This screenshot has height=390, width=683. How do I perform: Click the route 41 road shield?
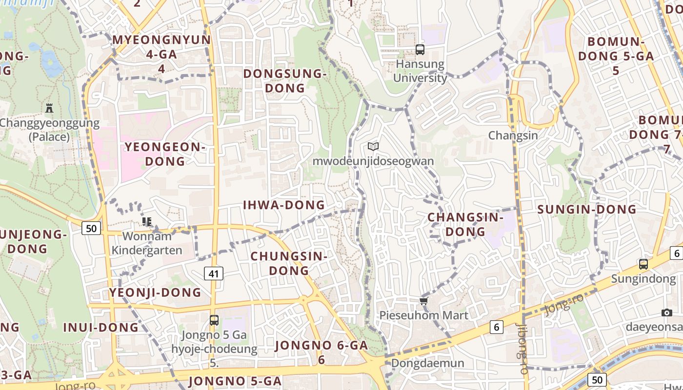tap(213, 273)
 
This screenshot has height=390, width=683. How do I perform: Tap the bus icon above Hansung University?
tap(420, 49)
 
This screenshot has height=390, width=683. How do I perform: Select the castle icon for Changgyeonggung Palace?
tap(49, 108)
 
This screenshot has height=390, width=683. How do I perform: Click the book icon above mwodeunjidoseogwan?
tap(373, 146)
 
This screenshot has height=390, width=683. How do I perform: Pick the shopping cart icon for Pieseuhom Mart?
tap(423, 301)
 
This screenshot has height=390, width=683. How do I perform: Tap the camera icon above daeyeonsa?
tap(667, 312)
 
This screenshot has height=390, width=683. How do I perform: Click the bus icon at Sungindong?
tap(643, 264)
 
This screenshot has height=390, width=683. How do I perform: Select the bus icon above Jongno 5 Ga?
tap(214, 320)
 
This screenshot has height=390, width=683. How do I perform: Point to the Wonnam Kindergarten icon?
tap(146, 222)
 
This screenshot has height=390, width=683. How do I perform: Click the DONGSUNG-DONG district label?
tap(284, 81)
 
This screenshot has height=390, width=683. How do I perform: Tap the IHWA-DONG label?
tap(284, 205)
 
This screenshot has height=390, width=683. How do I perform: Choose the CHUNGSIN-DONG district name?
tap(288, 263)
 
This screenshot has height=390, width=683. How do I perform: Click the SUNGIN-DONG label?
tap(587, 210)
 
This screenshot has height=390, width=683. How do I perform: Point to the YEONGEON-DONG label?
tap(165, 154)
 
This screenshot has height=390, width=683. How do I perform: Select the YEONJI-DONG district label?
tap(155, 292)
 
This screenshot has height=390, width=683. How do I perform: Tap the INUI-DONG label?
tap(101, 327)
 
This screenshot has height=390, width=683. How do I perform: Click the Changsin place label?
tap(513, 136)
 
